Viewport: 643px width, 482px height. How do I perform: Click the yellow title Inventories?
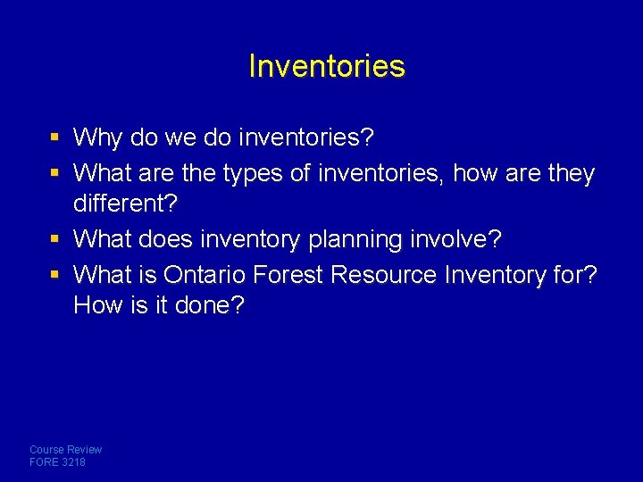[x=326, y=66]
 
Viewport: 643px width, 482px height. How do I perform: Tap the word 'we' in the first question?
[x=178, y=137]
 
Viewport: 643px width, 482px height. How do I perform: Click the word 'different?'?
[x=126, y=204]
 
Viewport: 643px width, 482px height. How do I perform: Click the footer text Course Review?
[x=66, y=450]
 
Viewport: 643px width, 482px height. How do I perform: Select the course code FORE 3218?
[x=58, y=462]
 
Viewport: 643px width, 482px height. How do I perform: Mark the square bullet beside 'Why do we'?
[x=55, y=138]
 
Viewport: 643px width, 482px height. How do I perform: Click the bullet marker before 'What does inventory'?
[x=55, y=239]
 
